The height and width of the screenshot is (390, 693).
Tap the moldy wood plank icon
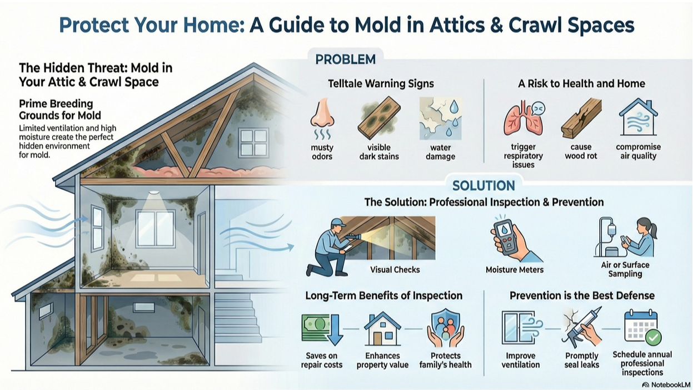(379, 117)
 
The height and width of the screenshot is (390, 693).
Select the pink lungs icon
(524, 119)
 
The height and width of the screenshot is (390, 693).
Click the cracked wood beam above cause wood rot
(581, 119)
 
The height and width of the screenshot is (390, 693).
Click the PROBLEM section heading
(345, 59)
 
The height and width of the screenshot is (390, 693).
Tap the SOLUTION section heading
(483, 186)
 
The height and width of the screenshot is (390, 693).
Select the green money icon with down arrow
(322, 329)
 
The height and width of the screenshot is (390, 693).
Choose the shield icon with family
(446, 328)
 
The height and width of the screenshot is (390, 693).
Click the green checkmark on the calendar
(653, 338)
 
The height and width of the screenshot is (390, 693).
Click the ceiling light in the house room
(153, 193)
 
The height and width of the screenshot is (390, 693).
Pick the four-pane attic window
(253, 143)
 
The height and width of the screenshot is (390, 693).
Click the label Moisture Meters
(515, 270)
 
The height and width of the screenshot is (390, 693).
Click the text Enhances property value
(382, 361)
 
